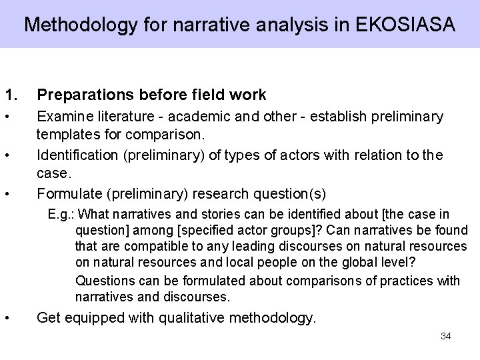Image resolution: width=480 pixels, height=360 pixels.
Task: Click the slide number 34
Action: coord(446,336)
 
